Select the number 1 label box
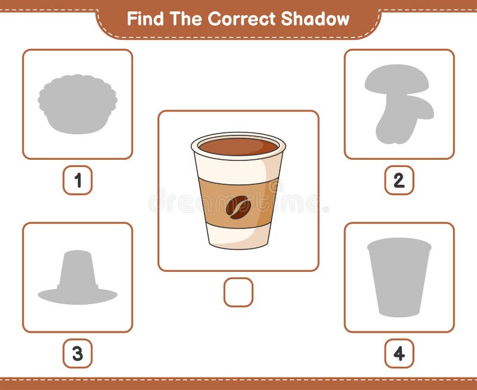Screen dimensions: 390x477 pos(78,180)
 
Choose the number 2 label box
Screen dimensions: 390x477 pos(399,180)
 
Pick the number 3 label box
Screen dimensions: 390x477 pos(78,353)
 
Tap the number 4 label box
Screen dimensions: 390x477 pos(399,353)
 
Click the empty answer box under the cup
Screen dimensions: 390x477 pos(238,292)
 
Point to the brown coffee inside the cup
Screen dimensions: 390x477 pos(238,146)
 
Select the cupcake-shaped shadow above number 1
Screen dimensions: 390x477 pos(78,104)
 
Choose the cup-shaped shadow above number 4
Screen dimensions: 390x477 pos(399,277)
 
